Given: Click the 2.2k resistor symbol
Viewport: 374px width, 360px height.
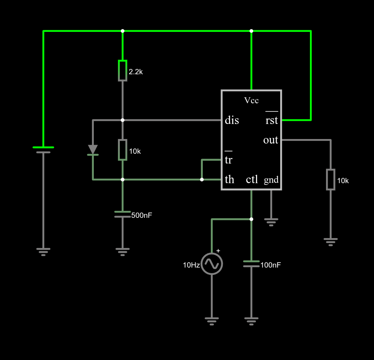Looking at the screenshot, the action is click(x=123, y=71).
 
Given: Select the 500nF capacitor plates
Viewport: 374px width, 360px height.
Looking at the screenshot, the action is click(x=123, y=214).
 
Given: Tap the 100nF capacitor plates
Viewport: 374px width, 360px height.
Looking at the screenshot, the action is click(x=251, y=264).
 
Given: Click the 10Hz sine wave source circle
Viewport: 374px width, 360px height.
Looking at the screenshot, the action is click(x=212, y=264).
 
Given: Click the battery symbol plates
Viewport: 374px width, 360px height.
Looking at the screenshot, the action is click(x=43, y=150).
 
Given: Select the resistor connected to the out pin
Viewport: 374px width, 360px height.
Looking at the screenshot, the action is click(x=331, y=180).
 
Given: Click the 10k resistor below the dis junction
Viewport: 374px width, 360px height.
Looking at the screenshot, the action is click(x=123, y=150).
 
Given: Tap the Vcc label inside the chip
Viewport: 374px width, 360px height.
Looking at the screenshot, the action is click(x=251, y=101).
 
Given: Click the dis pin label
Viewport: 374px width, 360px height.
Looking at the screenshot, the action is click(x=232, y=120).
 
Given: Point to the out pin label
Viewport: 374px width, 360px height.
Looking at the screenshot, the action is click(x=271, y=140).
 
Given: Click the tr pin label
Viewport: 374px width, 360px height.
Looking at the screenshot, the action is click(x=229, y=158).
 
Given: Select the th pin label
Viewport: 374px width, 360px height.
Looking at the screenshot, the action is click(x=229, y=179).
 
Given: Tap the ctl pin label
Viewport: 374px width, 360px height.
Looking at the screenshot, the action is click(x=252, y=179).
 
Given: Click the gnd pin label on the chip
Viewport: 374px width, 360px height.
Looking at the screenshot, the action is click(x=271, y=180).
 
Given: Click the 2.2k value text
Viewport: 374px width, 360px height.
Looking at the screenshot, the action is click(x=136, y=72).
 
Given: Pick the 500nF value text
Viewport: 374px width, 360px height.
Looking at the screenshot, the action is click(x=142, y=215).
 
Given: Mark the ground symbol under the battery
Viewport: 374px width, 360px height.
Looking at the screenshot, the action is click(x=43, y=252).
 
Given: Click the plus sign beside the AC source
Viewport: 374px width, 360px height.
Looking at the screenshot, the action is click(x=218, y=251).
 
